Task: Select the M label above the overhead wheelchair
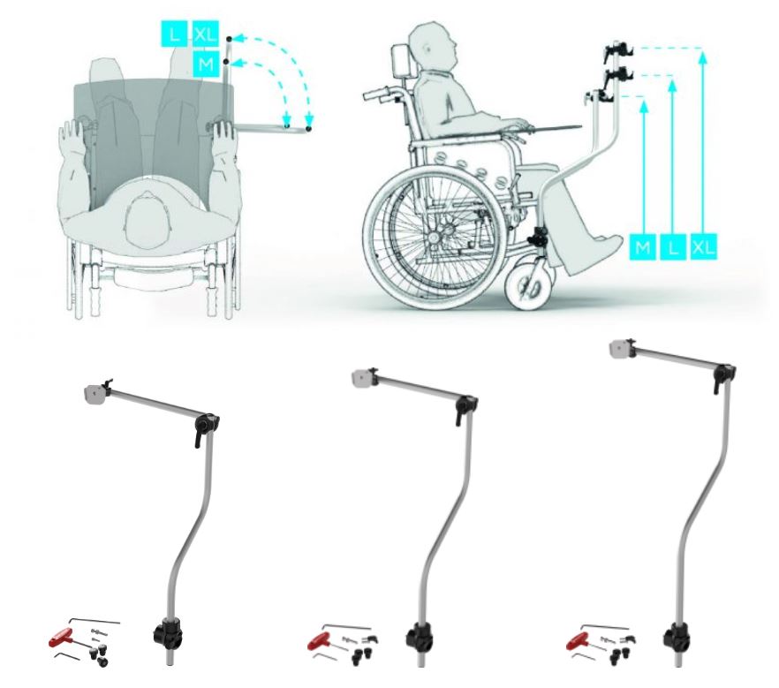pyautogui.click(x=205, y=64)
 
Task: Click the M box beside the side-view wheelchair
pyautogui.click(x=645, y=246)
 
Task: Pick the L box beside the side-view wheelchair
pyautogui.click(x=674, y=246)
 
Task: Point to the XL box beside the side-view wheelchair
pyautogui.click(x=703, y=246)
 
